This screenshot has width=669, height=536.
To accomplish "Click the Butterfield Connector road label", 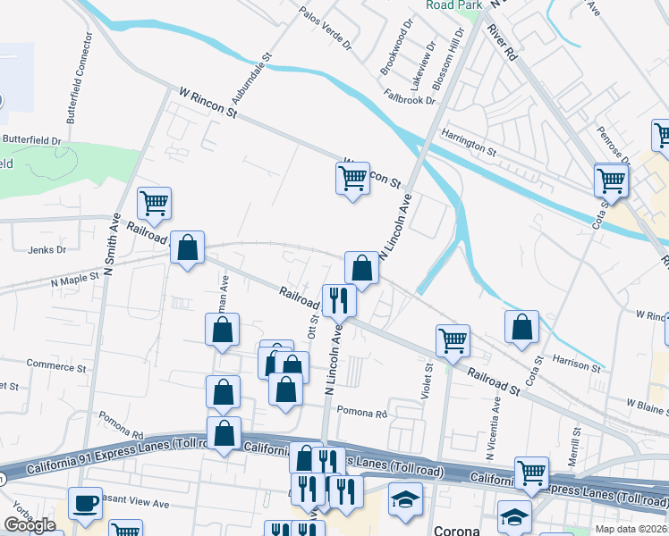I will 78,79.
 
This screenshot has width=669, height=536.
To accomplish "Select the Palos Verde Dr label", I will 326,29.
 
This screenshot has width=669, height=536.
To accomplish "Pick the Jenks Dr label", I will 47,250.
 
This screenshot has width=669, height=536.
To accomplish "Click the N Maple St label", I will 76,281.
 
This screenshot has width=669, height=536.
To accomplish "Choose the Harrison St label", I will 576,364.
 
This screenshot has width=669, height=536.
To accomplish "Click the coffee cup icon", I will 86,503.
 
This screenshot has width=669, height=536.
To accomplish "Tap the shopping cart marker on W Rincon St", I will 353,178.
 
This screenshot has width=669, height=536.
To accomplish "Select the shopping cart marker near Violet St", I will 453,339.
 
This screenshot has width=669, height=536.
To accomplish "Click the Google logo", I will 30,525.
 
